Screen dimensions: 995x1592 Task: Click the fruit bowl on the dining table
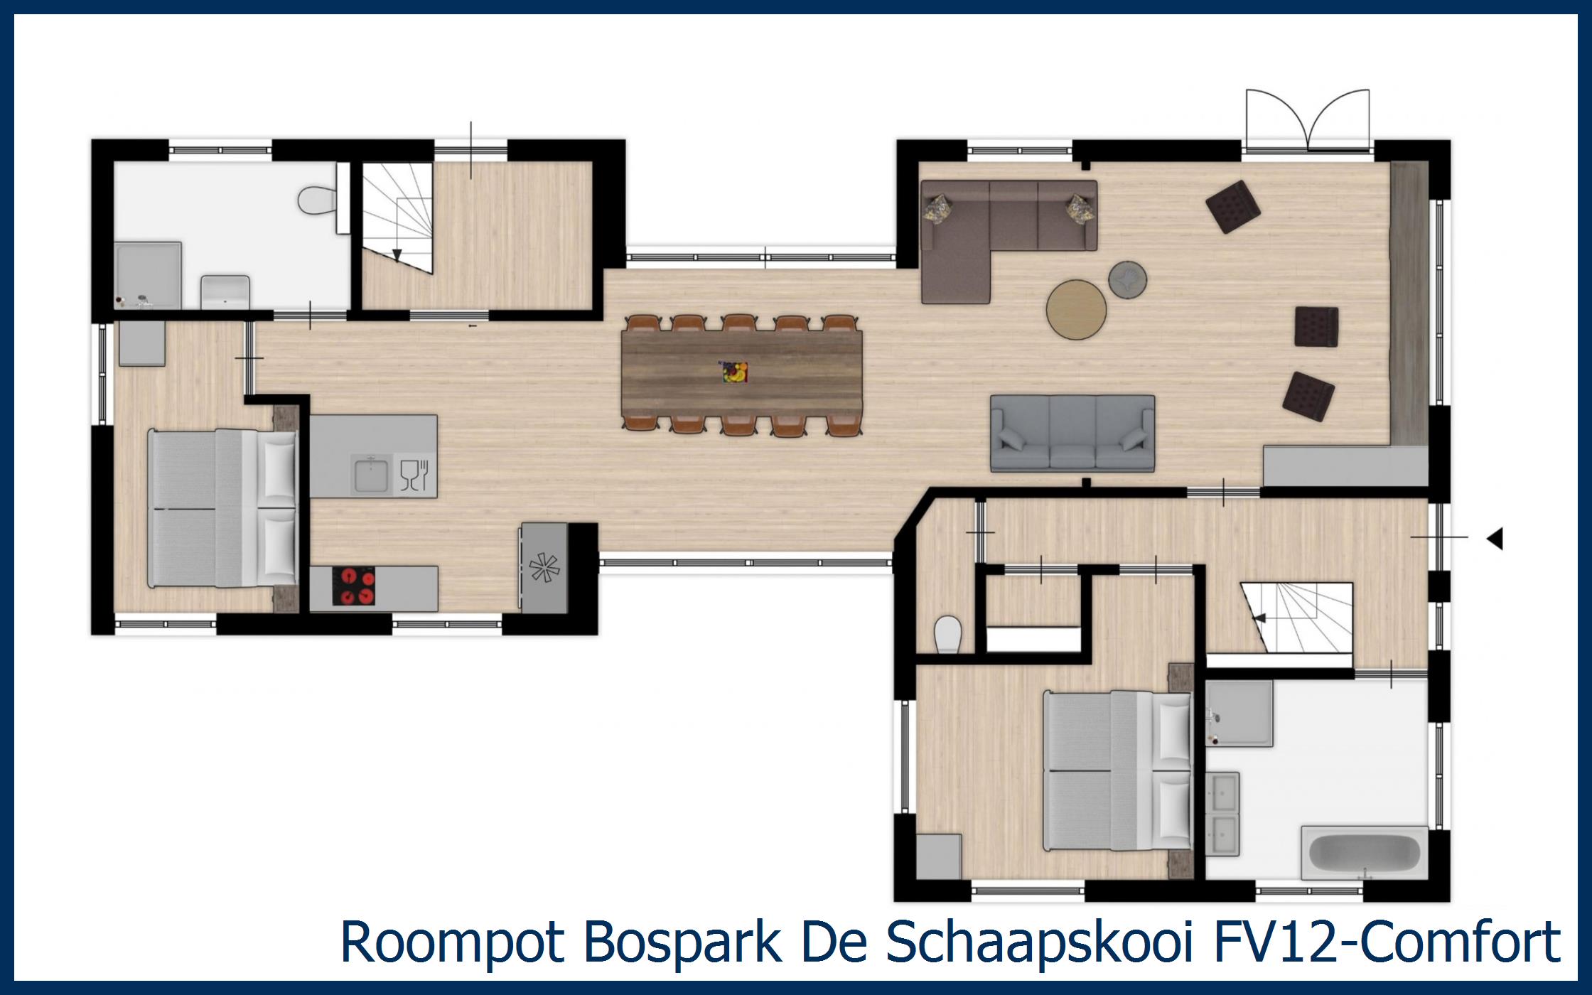point(735,372)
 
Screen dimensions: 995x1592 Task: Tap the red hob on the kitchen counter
point(353,588)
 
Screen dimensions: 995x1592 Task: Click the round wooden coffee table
point(1076,310)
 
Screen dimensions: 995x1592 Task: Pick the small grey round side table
point(1128,278)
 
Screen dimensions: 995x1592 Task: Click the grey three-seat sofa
point(1072,434)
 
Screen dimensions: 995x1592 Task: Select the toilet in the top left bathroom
point(316,200)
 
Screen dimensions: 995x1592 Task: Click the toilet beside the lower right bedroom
point(947,634)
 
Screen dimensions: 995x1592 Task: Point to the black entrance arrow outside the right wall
point(1495,539)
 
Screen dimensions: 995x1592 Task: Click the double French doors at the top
point(1308,121)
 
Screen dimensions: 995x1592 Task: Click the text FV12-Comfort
point(1386,942)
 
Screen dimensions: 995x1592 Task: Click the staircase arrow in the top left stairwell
point(397,254)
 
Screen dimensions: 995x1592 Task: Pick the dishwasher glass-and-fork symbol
point(415,475)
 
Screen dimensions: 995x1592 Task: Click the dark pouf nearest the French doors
point(1232,206)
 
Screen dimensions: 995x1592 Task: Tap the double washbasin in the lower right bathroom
point(1223,813)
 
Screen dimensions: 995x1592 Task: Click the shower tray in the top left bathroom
point(148,274)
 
